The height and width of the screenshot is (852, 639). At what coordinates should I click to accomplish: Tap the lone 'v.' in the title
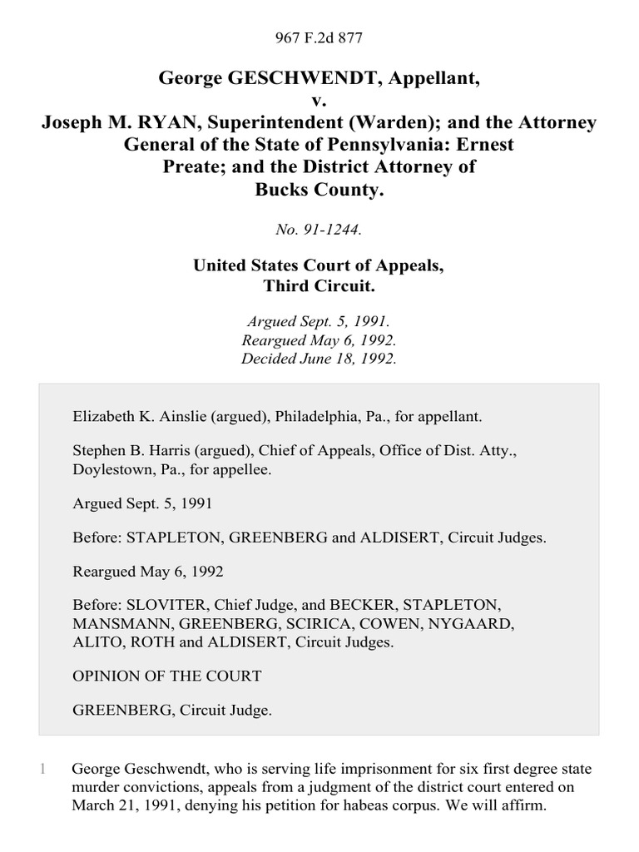point(319,101)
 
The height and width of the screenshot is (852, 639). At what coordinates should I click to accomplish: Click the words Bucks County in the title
point(319,189)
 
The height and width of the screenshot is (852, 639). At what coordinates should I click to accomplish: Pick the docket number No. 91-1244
point(319,230)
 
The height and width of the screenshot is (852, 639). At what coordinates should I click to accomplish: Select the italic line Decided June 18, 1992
point(319,359)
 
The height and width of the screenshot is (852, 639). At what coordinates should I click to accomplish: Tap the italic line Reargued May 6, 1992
point(319,340)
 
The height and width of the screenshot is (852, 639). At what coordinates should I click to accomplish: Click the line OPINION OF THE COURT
point(166,676)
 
